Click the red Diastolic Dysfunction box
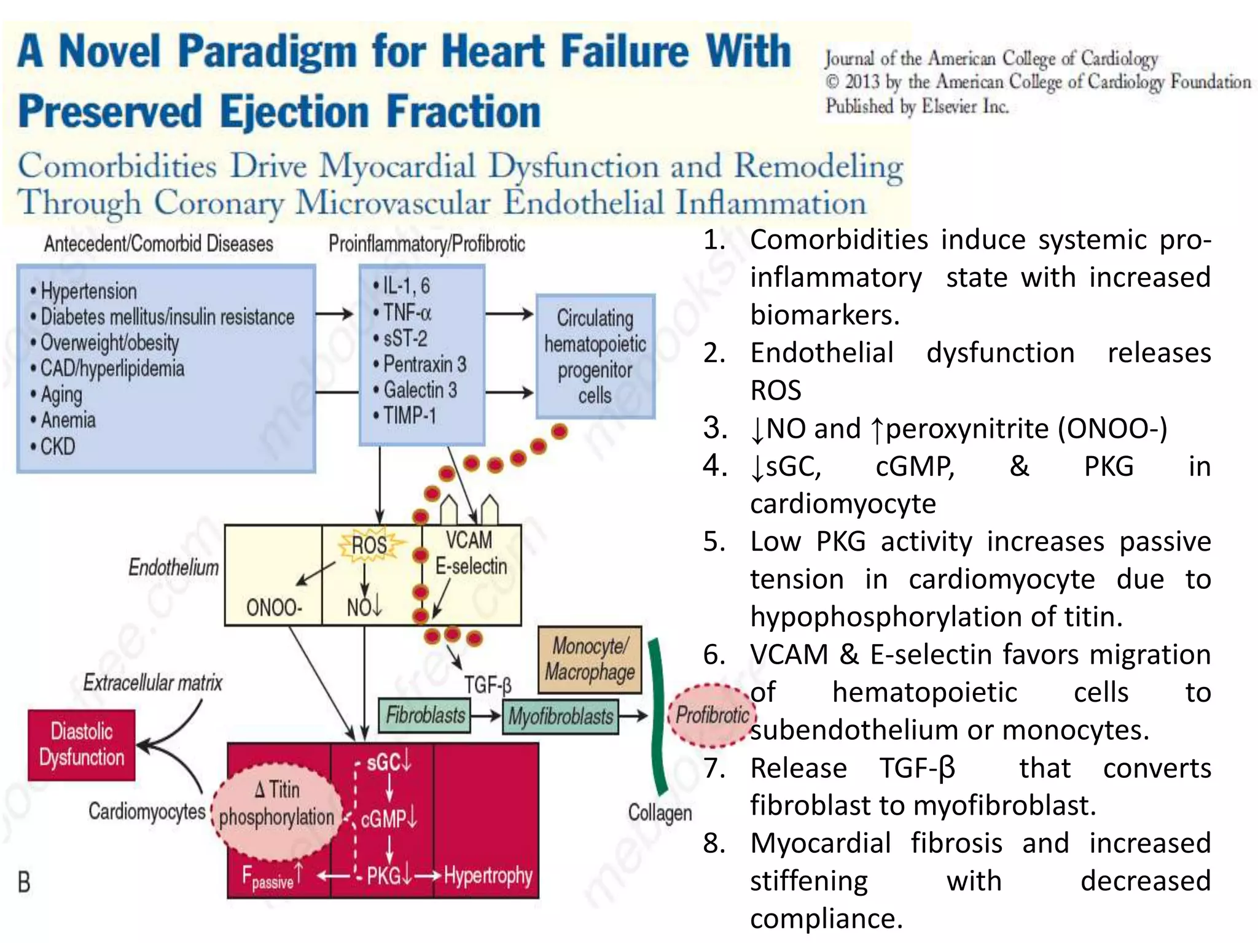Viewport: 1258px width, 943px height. [82, 744]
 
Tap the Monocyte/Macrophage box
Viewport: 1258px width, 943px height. [590, 659]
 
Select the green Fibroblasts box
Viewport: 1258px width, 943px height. [425, 715]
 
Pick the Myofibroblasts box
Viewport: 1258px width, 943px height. [560, 716]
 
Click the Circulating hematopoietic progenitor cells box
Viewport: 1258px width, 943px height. [595, 357]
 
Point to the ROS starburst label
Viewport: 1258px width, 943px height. [369, 545]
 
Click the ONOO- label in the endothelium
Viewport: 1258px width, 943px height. [274, 608]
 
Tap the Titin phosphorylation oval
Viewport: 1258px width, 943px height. [276, 804]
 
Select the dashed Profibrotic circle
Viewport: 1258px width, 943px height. [712, 715]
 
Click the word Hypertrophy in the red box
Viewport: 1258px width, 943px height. [488, 875]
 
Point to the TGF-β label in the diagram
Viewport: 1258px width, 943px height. [488, 684]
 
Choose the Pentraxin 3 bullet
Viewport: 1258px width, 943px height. [424, 364]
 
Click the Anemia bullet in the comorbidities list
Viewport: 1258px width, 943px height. [68, 420]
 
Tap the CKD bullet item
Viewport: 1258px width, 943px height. [57, 446]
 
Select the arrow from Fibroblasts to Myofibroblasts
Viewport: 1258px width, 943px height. [486, 716]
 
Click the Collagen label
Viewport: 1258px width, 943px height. [660, 812]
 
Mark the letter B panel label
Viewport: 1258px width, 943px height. [24, 882]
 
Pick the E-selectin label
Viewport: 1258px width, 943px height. [471, 566]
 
